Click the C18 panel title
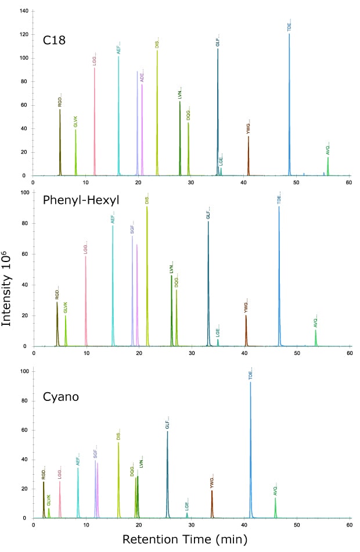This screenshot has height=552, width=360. [55, 40]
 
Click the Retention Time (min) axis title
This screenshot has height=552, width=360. [184, 539]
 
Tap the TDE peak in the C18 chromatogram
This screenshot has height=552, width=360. [289, 105]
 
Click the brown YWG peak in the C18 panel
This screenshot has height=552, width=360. [249, 157]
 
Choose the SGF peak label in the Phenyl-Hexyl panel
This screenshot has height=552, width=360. [132, 227]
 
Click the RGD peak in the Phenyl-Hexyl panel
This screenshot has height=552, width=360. [57, 325]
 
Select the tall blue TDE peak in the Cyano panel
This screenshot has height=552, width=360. [251, 453]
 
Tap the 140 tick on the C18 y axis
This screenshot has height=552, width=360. [24, 11]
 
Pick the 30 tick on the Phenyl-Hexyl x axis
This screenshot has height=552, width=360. [192, 353]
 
